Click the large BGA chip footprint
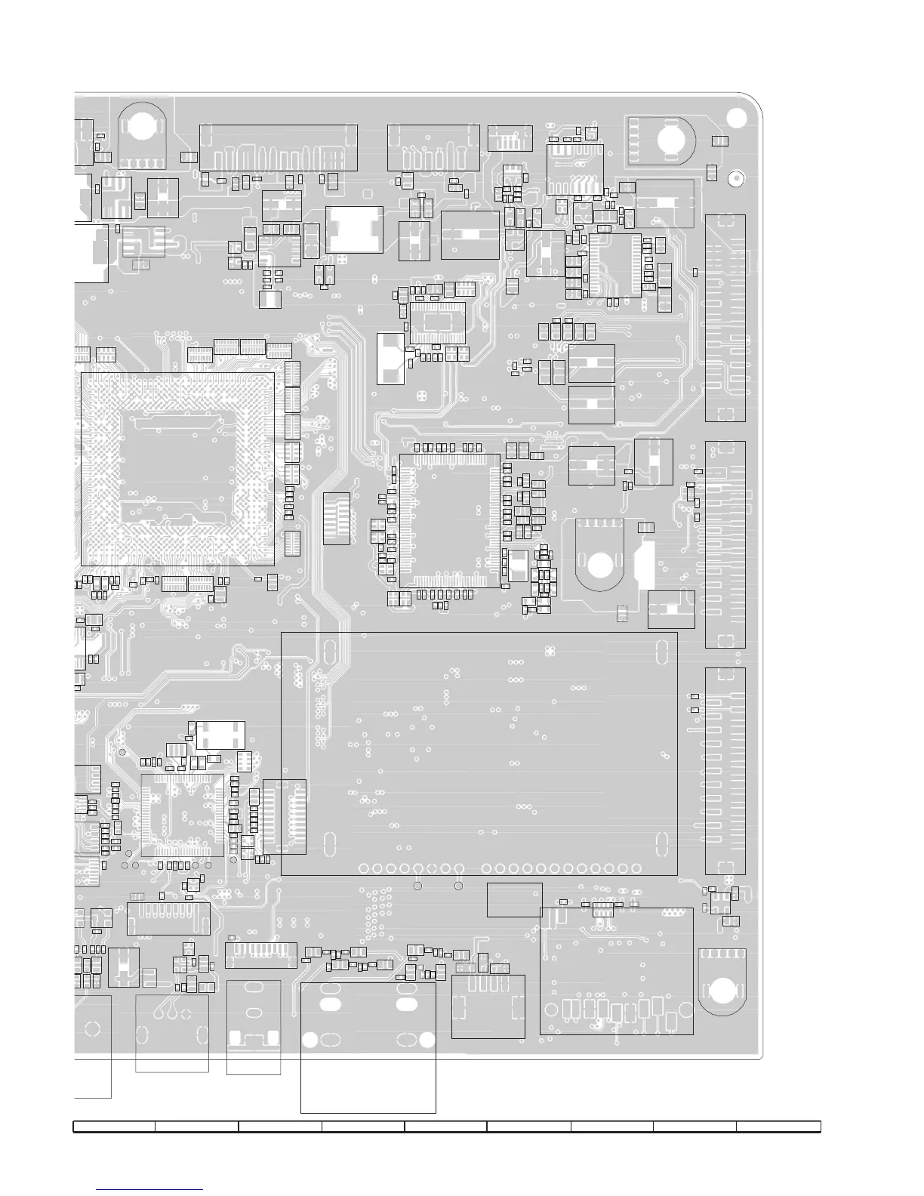pos(177,468)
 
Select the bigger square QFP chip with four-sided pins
pos(450,520)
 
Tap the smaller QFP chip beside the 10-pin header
pos(183,815)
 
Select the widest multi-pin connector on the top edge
pos(279,148)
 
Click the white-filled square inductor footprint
pos(354,229)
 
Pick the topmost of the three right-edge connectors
pos(725,318)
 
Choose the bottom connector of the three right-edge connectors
pos(725,771)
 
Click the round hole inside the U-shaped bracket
pos(600,562)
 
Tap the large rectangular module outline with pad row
pos(479,754)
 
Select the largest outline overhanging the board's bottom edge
pos(368,1046)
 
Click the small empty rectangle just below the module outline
pos(514,899)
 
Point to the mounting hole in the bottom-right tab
pos(722,988)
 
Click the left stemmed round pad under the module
pos(417,885)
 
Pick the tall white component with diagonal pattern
pos(390,358)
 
